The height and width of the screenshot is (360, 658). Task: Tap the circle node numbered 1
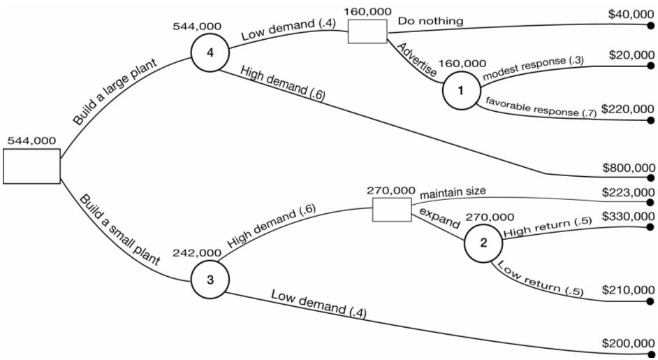coord(460,91)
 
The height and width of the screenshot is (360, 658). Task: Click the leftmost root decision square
coord(31,166)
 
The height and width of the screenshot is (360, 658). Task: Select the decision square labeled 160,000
coord(367,31)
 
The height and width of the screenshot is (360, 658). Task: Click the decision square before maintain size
coord(391,209)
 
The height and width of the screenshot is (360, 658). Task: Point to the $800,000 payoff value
coord(628,167)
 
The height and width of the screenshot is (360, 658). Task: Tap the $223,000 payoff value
coord(628,192)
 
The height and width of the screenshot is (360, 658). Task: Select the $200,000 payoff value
coord(628,343)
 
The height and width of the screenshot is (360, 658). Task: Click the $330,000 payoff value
coord(628,217)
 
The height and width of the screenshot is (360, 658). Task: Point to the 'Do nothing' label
coord(430,21)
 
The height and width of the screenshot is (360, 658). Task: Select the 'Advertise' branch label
coord(416,62)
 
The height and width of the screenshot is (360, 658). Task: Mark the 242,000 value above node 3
coord(198,252)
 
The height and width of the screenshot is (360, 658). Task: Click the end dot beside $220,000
coord(651,120)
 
